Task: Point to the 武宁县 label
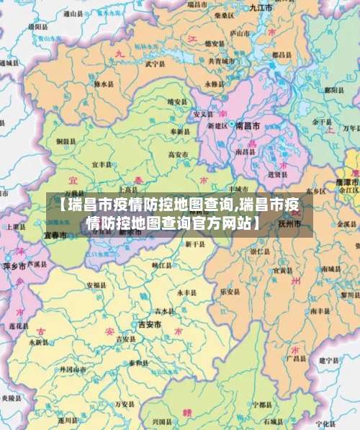156,63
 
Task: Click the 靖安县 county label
176,102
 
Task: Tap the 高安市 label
177,153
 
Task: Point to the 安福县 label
96,285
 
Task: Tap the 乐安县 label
230,292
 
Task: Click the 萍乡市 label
14,265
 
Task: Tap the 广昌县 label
294,358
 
